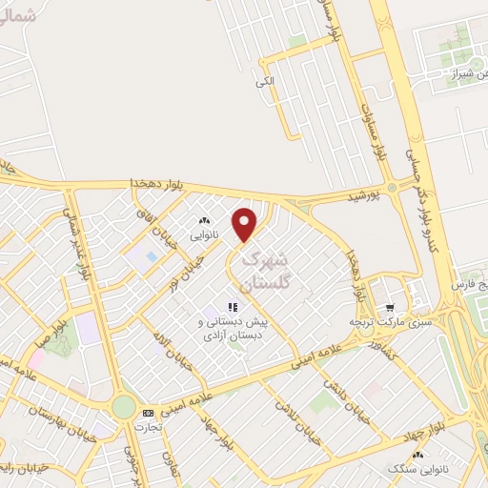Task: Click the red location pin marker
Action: pos(246,223)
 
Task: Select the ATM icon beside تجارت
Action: pos(147,413)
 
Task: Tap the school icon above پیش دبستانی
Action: pos(232,307)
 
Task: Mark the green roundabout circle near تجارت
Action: pos(123,407)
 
